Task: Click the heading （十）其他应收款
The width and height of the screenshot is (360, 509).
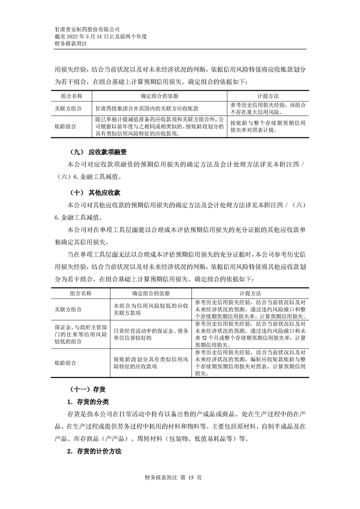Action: coord(94,192)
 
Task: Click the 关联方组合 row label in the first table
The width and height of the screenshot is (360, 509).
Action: coord(68,109)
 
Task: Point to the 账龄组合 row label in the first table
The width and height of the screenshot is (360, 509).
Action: coord(65,126)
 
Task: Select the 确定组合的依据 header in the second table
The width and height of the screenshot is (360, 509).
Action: coord(151,294)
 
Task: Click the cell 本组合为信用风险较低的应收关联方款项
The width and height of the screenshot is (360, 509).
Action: coord(151,309)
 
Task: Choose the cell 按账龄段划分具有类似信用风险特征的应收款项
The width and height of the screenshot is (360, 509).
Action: coord(151,363)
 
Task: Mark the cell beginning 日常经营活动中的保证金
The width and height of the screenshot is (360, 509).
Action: coord(151,334)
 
